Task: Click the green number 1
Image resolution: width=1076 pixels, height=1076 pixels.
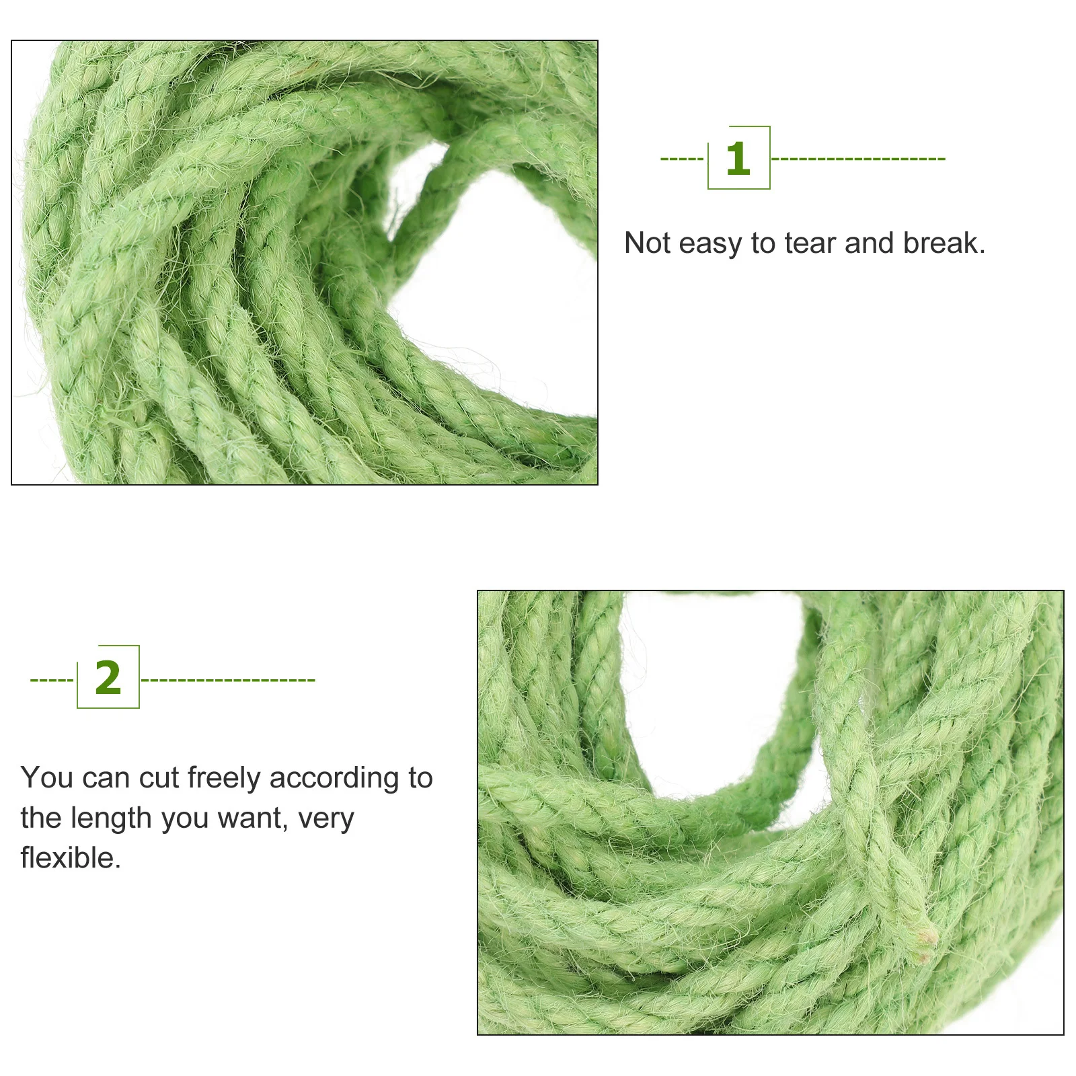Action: [738, 159]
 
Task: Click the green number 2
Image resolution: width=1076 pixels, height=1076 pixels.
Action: [108, 678]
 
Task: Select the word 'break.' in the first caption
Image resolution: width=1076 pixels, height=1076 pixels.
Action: [944, 243]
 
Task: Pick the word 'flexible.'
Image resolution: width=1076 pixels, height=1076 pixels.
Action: [71, 858]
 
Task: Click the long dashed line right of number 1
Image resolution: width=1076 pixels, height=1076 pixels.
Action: [858, 159]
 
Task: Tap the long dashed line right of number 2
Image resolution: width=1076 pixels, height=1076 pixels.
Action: [228, 680]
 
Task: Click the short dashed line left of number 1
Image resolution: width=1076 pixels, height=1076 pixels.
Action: [682, 159]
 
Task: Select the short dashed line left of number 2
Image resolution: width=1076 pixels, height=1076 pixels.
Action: [52, 680]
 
